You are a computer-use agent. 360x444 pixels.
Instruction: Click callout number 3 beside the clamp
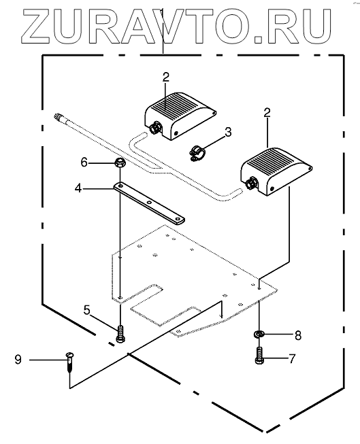pyautogui.click(x=227, y=133)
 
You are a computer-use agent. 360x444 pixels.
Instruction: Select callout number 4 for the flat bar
pyautogui.click(x=78, y=188)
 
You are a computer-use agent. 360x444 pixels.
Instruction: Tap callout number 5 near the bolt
pyautogui.click(x=86, y=310)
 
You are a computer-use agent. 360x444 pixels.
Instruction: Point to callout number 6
pyautogui.click(x=84, y=163)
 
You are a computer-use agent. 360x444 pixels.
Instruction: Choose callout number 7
pyautogui.click(x=292, y=359)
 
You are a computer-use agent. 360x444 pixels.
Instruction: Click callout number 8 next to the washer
pyautogui.click(x=297, y=335)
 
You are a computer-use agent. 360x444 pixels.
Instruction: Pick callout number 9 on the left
pyautogui.click(x=18, y=360)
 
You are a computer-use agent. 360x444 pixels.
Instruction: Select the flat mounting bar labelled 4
pyautogui.click(x=149, y=203)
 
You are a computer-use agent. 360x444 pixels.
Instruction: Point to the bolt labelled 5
pyautogui.click(x=120, y=334)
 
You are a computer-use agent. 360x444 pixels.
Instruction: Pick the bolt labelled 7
pyautogui.click(x=259, y=356)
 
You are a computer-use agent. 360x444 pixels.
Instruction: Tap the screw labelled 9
pyautogui.click(x=69, y=362)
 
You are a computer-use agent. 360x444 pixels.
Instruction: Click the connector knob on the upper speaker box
pyautogui.click(x=154, y=129)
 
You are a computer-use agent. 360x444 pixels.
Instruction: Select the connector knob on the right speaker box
pyautogui.click(x=250, y=184)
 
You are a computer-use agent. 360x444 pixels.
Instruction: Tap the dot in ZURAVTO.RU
pyautogui.click(x=258, y=39)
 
